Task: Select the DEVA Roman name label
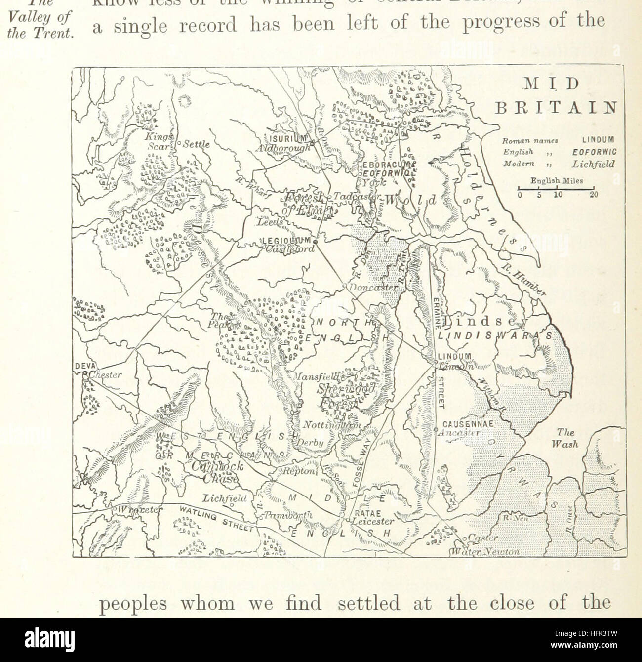coord(82,366)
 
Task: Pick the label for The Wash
coord(564,438)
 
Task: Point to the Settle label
coord(197,145)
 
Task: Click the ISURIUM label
coord(287,138)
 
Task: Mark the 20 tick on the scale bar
coord(594,195)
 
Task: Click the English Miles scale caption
coord(557,181)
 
